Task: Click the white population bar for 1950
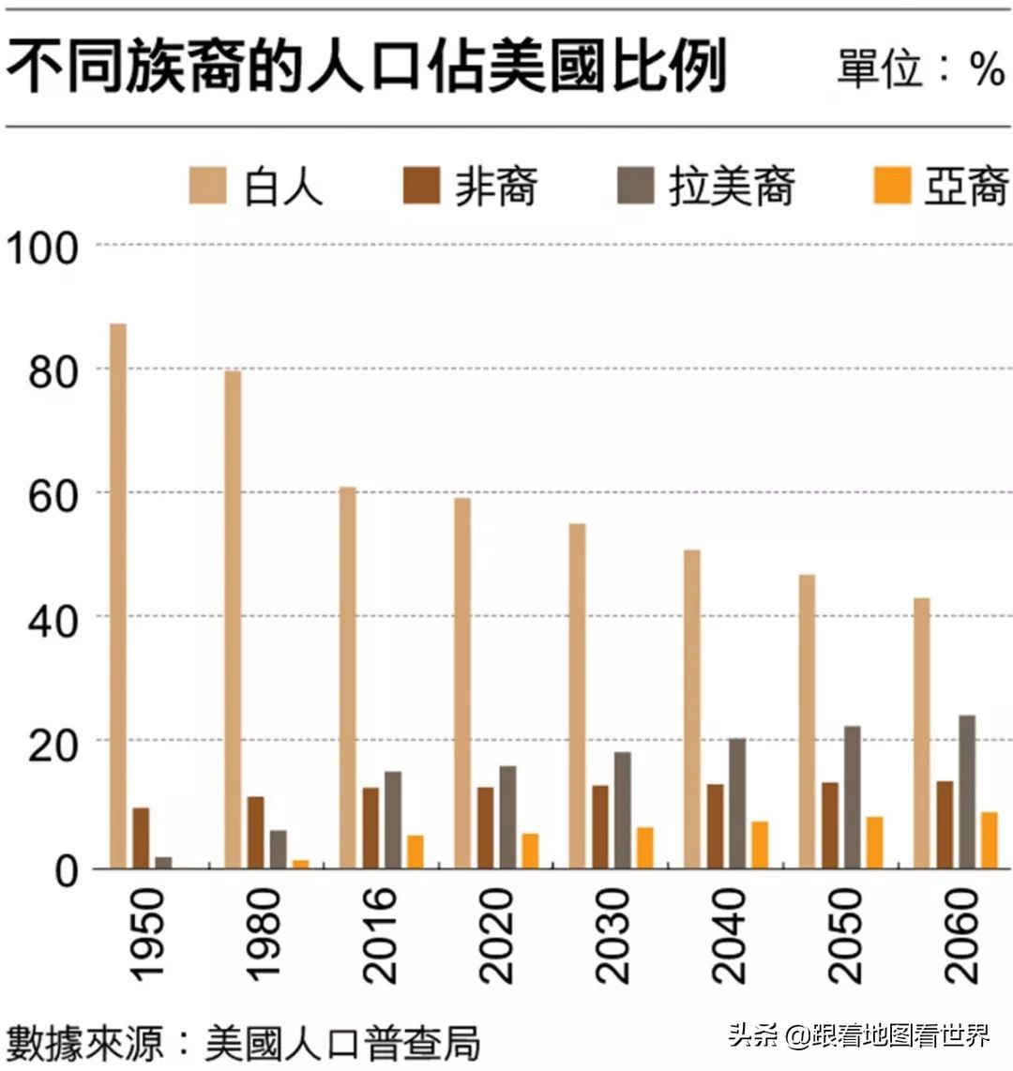coord(118,596)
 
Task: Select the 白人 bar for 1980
coord(233,619)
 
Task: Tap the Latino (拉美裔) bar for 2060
coord(967,792)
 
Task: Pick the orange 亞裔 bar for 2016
coord(416,852)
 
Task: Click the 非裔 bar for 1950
coord(141,837)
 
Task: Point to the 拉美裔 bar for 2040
coord(737,803)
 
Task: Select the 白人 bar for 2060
coord(922,732)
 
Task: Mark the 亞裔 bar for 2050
coord(874,842)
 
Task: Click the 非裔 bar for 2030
coord(600,826)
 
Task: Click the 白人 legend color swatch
coord(207,186)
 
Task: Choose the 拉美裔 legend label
coord(732,186)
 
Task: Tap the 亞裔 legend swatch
coord(892,186)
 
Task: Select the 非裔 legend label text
coord(496,186)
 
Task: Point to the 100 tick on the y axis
coord(41,248)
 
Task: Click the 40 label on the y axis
coord(53,620)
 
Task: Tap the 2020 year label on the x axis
coord(496,936)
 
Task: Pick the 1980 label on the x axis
coord(265,936)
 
